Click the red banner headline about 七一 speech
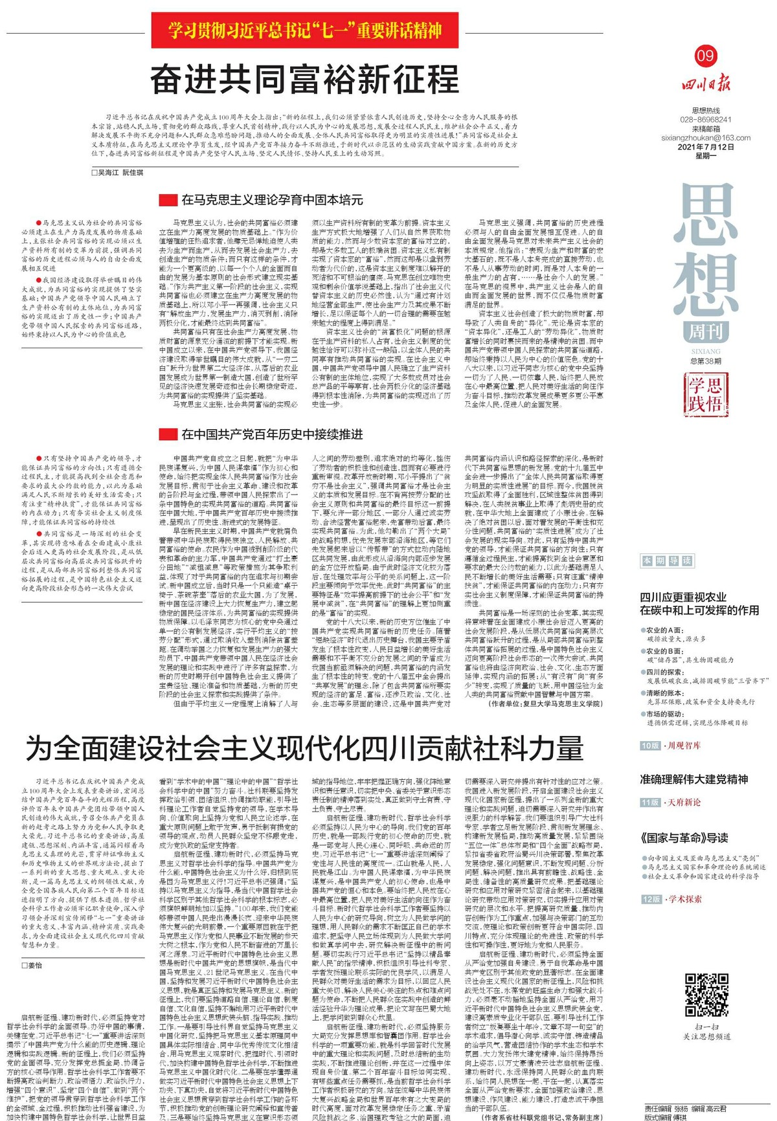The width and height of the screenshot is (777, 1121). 305,30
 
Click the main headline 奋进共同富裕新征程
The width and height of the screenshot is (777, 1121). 304,80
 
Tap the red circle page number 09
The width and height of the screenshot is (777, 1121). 705,56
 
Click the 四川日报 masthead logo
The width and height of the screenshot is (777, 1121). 705,84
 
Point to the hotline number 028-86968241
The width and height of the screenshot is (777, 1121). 706,120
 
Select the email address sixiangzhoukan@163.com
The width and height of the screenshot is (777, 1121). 706,138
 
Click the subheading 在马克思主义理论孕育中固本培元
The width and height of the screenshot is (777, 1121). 271,199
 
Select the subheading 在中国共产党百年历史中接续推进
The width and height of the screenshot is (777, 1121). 271,434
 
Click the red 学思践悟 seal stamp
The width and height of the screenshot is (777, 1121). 705,394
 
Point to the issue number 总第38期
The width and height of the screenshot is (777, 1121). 705,361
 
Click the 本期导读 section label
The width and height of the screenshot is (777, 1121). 666,560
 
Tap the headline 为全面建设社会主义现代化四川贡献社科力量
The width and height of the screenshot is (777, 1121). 304,748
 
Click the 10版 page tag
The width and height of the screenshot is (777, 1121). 650,746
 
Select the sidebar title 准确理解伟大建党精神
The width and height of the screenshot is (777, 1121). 693,779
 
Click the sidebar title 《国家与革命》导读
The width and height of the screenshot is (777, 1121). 684,838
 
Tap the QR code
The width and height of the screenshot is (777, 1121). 706,994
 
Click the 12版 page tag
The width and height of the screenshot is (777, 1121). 650,899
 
